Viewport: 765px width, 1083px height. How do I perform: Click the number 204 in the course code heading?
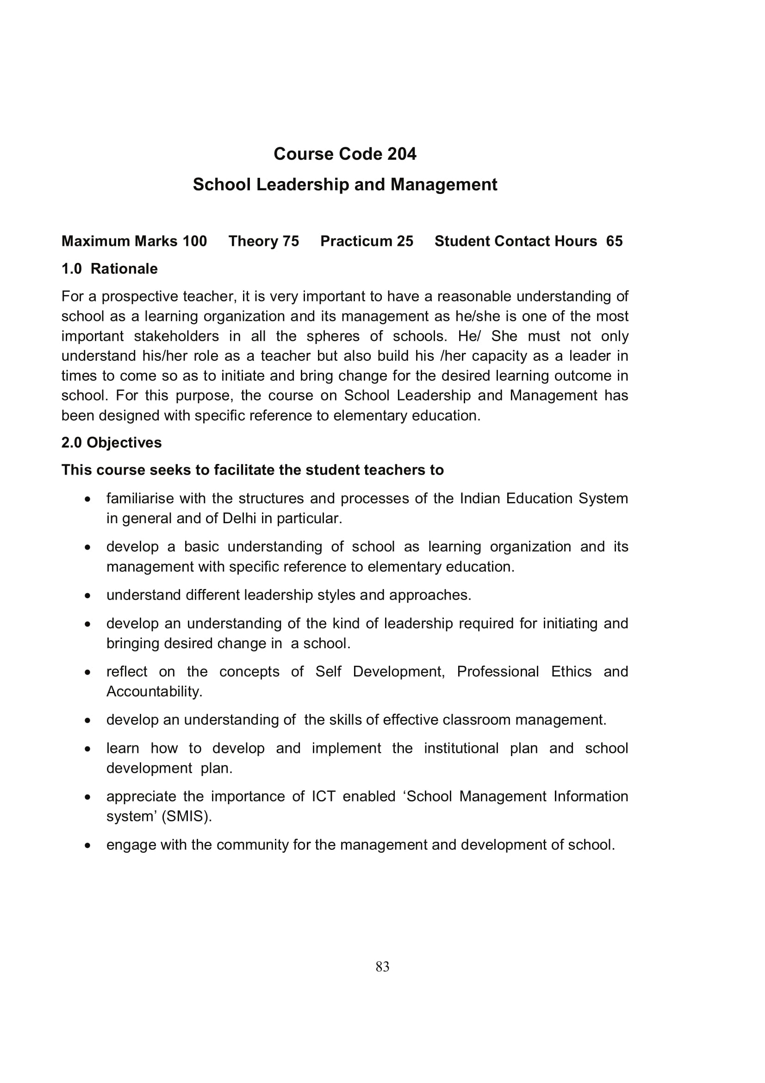[402, 154]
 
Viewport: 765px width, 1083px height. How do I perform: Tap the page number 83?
[382, 967]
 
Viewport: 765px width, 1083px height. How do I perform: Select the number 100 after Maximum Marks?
[195, 241]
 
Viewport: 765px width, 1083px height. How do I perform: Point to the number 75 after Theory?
[290, 241]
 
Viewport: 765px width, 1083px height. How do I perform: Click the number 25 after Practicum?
[404, 241]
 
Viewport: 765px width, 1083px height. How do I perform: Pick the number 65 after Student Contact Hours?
[614, 241]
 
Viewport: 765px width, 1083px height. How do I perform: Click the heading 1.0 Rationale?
[109, 269]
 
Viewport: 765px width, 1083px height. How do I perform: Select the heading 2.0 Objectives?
[111, 443]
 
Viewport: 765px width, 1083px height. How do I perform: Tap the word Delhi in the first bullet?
[239, 519]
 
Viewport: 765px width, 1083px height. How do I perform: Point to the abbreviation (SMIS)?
[187, 816]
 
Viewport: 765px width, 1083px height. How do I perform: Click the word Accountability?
[154, 691]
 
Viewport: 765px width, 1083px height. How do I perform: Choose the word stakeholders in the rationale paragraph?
[176, 336]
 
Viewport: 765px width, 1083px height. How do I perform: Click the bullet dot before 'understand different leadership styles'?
[87, 596]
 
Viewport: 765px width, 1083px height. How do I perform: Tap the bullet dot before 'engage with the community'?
[87, 845]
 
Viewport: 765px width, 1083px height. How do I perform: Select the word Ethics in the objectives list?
[571, 672]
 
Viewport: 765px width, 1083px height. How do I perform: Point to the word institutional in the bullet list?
[461, 749]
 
